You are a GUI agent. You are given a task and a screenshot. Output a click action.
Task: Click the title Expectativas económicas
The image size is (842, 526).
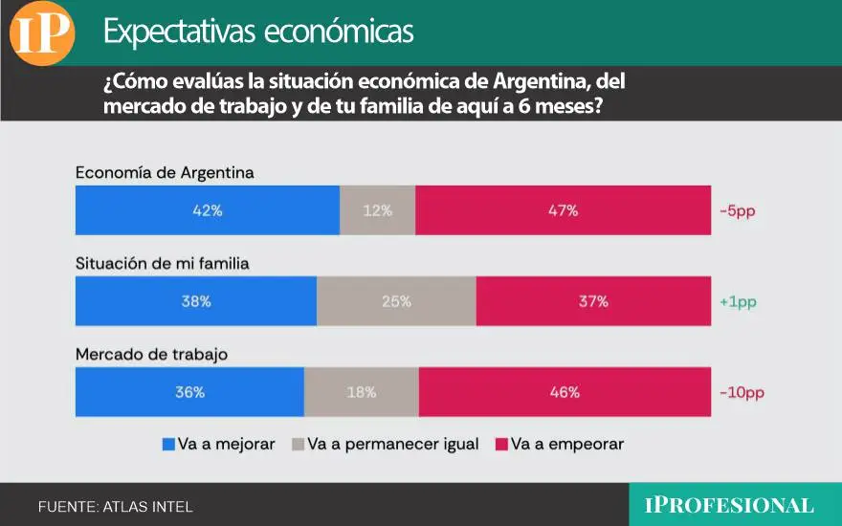click(x=258, y=32)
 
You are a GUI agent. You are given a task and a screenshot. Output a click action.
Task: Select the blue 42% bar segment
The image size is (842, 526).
click(x=207, y=210)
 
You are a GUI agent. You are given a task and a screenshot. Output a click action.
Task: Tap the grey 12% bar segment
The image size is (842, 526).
click(x=378, y=210)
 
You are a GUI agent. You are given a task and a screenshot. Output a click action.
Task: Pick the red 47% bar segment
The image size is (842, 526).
click(x=563, y=210)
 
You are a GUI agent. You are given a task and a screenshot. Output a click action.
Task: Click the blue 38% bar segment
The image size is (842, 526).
click(x=196, y=301)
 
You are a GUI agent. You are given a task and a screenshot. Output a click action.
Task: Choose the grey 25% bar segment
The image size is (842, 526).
click(x=396, y=301)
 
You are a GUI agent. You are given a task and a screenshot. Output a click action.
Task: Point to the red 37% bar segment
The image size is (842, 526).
click(x=593, y=301)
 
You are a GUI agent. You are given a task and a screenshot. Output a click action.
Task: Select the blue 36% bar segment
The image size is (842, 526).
click(x=189, y=392)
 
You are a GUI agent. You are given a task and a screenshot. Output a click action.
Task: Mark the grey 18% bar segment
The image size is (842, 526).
click(x=362, y=392)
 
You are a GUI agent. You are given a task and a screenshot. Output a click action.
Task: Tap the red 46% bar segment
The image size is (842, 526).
click(x=565, y=392)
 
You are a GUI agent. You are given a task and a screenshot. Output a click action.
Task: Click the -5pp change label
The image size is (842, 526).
click(x=738, y=210)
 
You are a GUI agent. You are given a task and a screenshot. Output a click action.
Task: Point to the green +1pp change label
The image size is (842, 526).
click(x=738, y=301)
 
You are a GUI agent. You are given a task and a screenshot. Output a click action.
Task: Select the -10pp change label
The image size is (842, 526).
click(x=742, y=392)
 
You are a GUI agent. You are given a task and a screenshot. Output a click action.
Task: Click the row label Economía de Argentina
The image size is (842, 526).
click(x=165, y=173)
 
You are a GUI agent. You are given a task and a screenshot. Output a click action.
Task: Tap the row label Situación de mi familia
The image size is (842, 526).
click(x=162, y=264)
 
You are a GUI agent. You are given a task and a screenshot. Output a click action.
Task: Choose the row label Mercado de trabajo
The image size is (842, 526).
click(x=151, y=355)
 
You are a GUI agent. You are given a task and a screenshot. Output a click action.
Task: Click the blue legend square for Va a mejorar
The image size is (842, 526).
click(x=169, y=444)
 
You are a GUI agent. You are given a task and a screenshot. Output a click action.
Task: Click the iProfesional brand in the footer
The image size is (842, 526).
click(x=729, y=505)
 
